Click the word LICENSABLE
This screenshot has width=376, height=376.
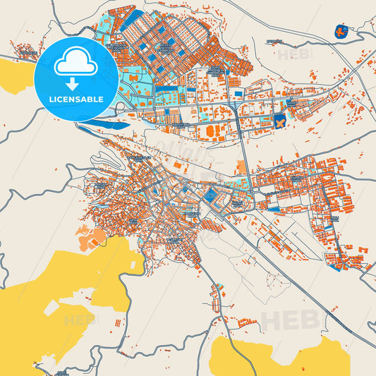click(75, 99)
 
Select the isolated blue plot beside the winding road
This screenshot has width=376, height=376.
click(341, 31)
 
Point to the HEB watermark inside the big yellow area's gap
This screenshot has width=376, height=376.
click(79, 320)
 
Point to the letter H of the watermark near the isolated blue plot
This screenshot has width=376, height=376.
click(281, 54)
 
